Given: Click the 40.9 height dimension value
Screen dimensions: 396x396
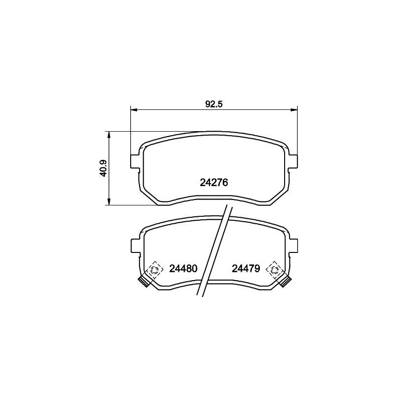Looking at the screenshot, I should coord(103,169).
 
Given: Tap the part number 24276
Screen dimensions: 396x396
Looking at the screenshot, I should coord(213,183).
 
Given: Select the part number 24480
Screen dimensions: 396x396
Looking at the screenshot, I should coord(183,269).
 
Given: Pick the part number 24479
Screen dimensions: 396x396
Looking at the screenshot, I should coord(246,269).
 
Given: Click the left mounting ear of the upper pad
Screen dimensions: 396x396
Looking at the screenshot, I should coord(134,161).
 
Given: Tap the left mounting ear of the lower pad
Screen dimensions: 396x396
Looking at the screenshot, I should coord(134,245).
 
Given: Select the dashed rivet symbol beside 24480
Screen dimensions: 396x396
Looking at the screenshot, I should coord(155,270).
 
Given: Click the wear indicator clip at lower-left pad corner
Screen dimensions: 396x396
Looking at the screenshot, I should coord(143,282).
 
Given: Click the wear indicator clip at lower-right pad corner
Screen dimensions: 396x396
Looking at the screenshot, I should coord(285,282).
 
